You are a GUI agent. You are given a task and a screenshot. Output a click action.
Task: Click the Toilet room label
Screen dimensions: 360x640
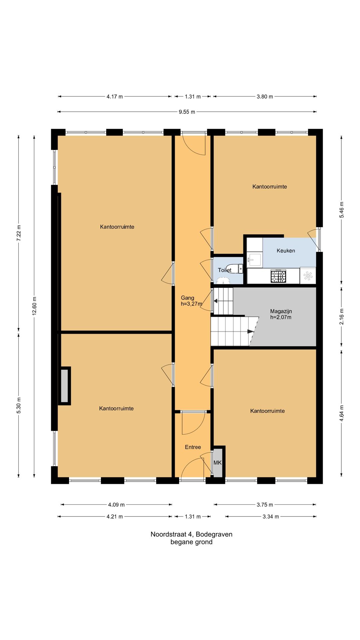click(x=225, y=270)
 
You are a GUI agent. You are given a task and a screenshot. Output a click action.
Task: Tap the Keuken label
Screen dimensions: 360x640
click(x=286, y=251)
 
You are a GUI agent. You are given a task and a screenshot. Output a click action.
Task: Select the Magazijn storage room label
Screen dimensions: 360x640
click(x=281, y=311)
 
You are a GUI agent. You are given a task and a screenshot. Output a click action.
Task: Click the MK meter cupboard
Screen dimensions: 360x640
click(x=218, y=463)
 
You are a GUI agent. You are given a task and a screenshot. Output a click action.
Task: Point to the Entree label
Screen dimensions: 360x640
click(x=193, y=447)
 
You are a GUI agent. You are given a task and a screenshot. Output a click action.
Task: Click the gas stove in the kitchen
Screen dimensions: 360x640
click(x=278, y=276)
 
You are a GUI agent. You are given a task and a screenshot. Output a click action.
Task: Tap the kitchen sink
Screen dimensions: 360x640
click(x=255, y=259)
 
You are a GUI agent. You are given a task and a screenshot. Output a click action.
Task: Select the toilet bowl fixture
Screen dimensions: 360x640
click(x=236, y=269)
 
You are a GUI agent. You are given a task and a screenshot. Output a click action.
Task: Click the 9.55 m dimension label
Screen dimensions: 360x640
click(x=187, y=112)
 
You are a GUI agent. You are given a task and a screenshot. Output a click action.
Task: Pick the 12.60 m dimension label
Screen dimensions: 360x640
click(x=34, y=306)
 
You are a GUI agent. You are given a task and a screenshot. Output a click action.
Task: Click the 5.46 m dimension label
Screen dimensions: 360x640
click(x=342, y=210)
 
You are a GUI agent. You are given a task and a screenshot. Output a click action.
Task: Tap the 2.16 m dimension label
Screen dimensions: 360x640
click(x=342, y=317)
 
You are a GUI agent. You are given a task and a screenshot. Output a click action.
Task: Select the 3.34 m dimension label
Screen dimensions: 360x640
click(x=271, y=517)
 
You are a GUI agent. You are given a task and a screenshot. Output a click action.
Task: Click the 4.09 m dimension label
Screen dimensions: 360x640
click(x=116, y=505)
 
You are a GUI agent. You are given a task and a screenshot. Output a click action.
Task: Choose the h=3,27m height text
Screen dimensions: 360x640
click(x=192, y=304)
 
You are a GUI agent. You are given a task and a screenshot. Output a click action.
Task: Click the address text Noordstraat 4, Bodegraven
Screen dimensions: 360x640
click(x=191, y=534)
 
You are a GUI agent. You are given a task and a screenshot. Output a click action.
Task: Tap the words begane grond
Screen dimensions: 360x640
click(x=191, y=542)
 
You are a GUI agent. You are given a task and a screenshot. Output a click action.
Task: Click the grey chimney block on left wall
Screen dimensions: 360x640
click(x=64, y=386)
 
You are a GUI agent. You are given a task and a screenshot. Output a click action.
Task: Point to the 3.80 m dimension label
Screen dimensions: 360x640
click(x=265, y=97)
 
